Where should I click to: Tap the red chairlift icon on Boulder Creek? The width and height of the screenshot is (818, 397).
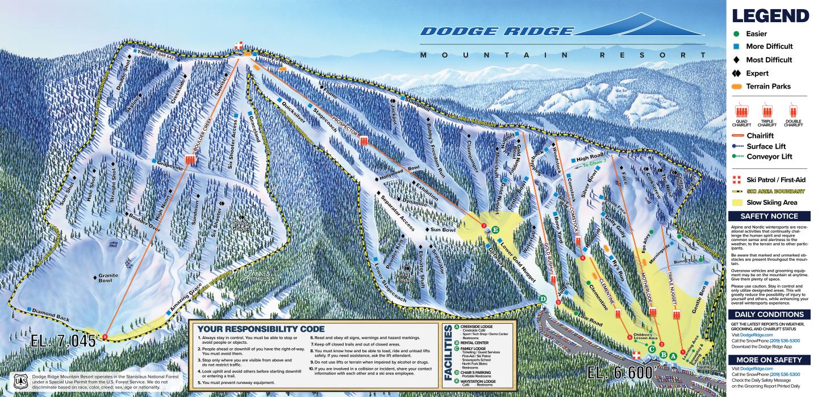click(x=189, y=160)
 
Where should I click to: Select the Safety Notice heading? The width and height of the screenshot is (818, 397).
click(x=769, y=216)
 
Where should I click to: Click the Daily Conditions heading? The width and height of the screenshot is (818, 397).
click(x=769, y=314)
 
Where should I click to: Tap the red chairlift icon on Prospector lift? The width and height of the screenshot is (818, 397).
click(x=364, y=141)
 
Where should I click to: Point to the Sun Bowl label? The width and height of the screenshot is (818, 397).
click(x=443, y=230)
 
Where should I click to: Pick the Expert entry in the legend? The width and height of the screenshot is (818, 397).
click(x=757, y=73)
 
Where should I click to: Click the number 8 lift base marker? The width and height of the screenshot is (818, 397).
click(x=105, y=336)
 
